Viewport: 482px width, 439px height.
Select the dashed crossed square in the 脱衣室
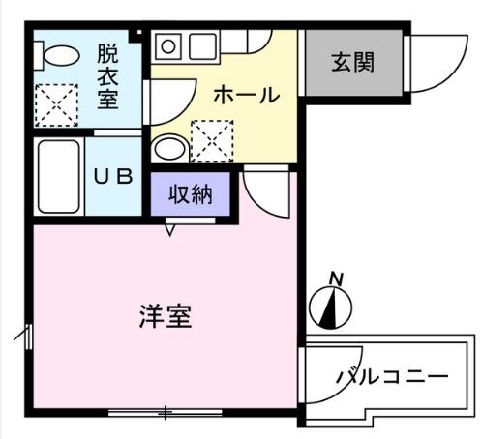coord(57,103)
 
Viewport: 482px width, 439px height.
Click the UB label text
coord(106,177)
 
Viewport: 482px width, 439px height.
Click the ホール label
coord(246,96)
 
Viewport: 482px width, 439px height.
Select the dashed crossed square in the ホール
coord(211,140)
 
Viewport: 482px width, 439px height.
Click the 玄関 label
coord(353,64)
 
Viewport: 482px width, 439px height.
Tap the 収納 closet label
coord(191,194)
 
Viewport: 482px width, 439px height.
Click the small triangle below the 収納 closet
coord(171,229)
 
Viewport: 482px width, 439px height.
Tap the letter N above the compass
coord(336,278)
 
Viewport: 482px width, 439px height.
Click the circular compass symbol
coord(330,308)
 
